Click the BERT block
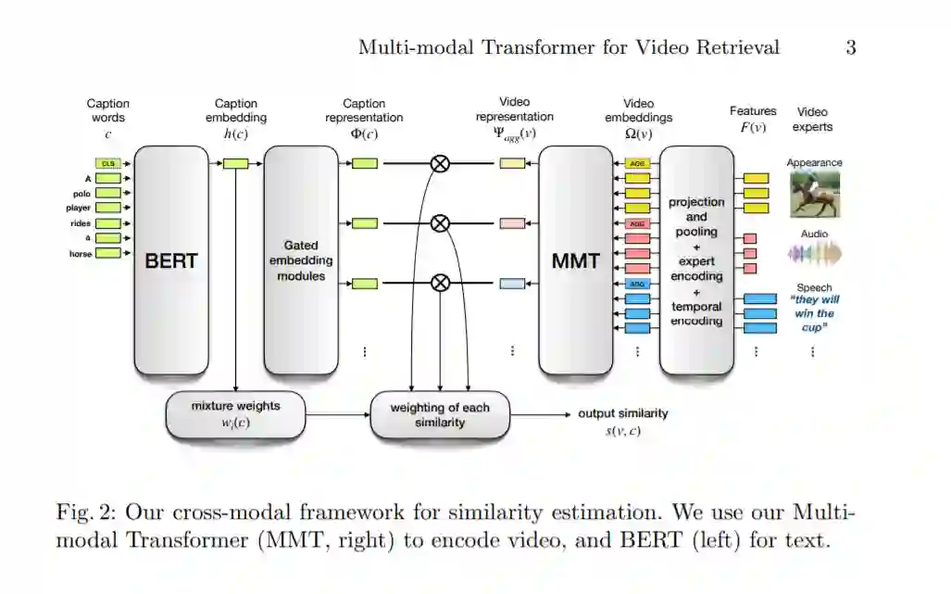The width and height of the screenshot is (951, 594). pos(171,261)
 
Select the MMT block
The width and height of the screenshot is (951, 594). pos(576,261)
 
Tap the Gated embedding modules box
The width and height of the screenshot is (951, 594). pos(301,260)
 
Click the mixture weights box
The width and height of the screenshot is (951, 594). pos(235,414)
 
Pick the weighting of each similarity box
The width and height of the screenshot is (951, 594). pos(440,414)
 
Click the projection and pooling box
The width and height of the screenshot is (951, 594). pos(696,261)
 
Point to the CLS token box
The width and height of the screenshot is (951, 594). pos(108,163)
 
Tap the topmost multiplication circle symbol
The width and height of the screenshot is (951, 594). pos(441,163)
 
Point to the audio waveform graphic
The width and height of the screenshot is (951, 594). pos(814,254)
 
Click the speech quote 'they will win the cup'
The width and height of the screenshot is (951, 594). pos(814,313)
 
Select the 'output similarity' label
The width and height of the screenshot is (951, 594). pos(622,413)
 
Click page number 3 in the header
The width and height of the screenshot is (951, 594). pos(850,47)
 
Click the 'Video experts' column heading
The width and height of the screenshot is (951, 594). pos(814,120)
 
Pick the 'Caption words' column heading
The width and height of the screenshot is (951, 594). pos(107,110)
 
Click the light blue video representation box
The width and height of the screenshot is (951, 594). pos(512,284)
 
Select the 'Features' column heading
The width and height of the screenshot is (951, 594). pos(753,111)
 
